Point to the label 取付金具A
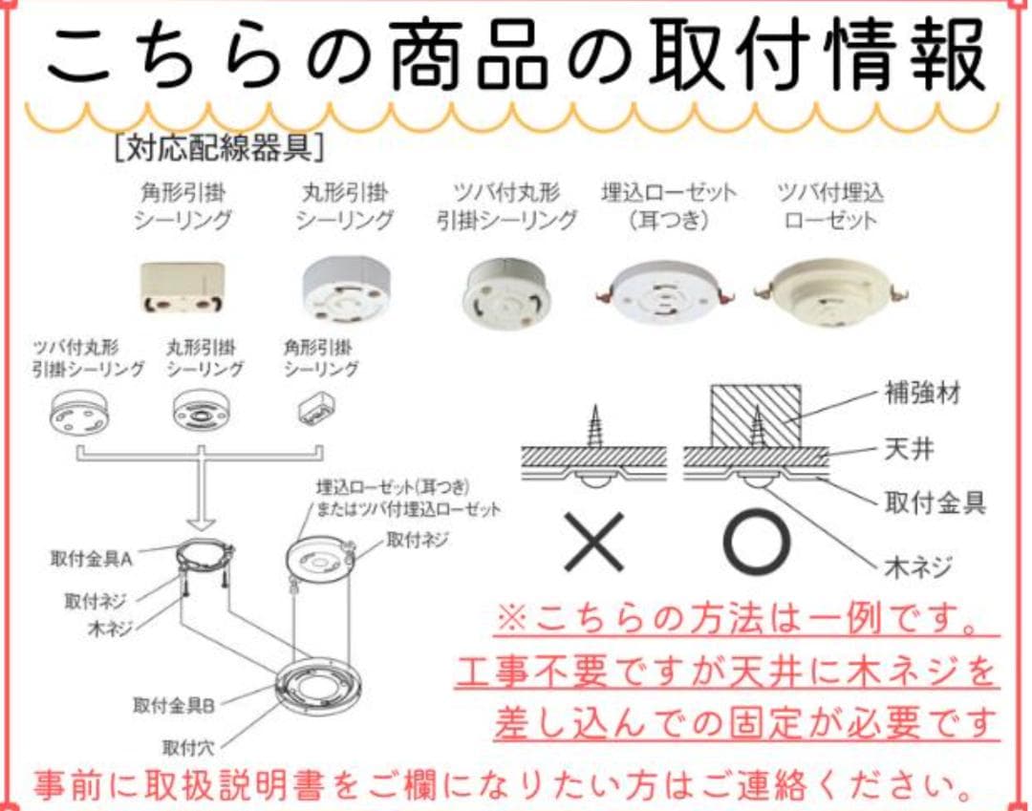(92, 558)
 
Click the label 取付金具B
(174, 706)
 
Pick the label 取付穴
(187, 747)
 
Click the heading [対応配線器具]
(219, 149)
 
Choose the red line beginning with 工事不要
(726, 672)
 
